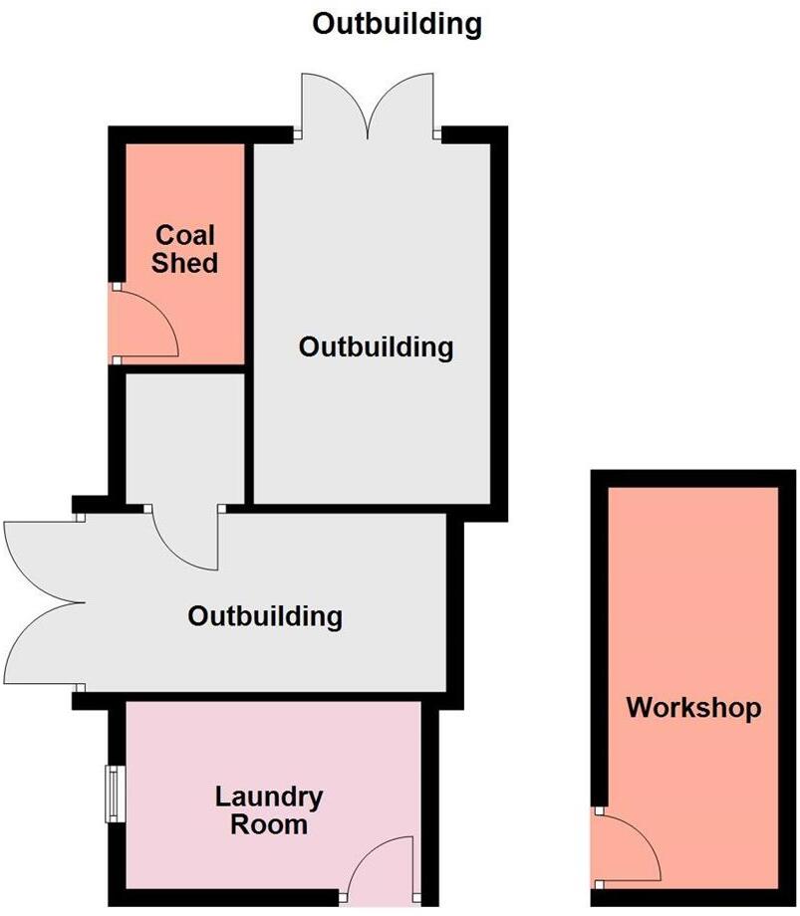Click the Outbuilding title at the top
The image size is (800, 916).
click(x=397, y=25)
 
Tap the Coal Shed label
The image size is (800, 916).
click(x=184, y=249)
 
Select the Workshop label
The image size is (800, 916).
click(x=693, y=708)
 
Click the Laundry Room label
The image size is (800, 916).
click(x=269, y=810)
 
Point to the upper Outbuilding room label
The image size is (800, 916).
click(x=376, y=347)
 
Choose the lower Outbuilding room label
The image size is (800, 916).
click(x=265, y=616)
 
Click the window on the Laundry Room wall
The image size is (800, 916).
click(x=115, y=794)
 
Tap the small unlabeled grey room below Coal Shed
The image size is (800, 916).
click(x=185, y=438)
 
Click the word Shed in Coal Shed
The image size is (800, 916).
click(x=184, y=262)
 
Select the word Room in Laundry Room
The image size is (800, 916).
click(x=269, y=824)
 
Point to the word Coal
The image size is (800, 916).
click(x=185, y=235)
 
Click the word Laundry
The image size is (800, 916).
click(x=269, y=798)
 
